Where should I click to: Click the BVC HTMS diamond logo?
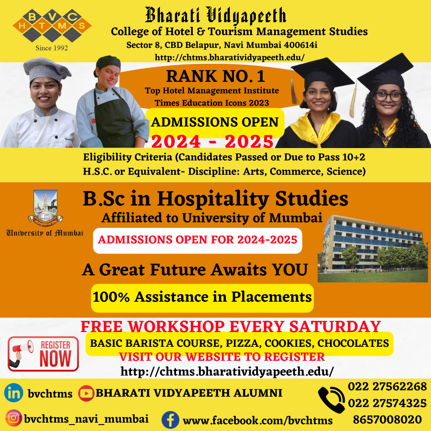tap(52, 26)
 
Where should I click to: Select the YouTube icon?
tap(86, 393)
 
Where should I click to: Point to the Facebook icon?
tap(170, 420)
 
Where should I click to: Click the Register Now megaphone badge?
tap(43, 354)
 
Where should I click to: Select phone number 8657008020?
tap(387, 420)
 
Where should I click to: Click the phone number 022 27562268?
tap(387, 387)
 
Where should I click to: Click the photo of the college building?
tap(373, 249)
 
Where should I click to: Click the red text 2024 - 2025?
tap(212, 141)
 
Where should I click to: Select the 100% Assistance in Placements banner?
tap(202, 297)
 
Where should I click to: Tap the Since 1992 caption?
tap(52, 48)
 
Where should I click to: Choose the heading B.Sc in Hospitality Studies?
tap(215, 199)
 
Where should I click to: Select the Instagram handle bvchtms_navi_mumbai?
tap(86, 419)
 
